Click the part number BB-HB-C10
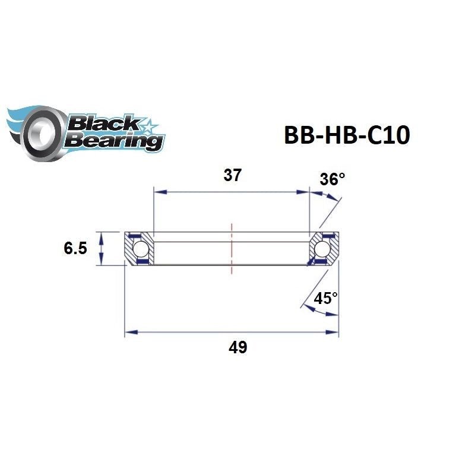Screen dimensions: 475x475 (347, 136)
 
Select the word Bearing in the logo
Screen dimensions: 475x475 (115, 141)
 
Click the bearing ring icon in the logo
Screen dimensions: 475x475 (40, 132)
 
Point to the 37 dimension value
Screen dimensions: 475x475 (232, 176)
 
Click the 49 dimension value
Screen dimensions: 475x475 (237, 347)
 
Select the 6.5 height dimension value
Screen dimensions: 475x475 (75, 248)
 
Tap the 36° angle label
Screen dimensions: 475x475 (332, 179)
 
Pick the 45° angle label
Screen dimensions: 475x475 (325, 298)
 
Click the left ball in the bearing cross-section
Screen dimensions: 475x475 (141, 248)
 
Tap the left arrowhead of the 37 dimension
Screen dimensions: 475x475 (158, 192)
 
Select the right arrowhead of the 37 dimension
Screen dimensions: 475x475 (305, 192)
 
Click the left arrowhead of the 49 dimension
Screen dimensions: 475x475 (129, 332)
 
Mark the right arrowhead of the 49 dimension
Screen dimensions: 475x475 (334, 332)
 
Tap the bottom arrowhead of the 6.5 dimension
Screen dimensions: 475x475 (102, 261)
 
